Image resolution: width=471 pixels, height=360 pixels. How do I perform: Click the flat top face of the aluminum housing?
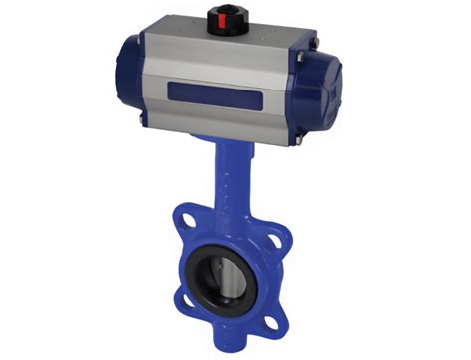(229, 40)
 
